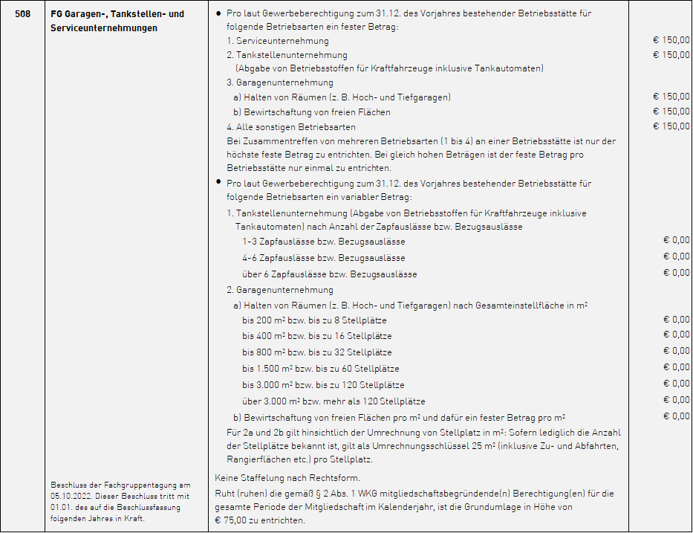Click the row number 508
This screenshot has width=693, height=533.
pyautogui.click(x=22, y=14)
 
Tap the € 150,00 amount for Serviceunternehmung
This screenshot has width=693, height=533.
pyautogui.click(x=671, y=41)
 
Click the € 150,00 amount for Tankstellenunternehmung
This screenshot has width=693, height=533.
pyautogui.click(x=671, y=55)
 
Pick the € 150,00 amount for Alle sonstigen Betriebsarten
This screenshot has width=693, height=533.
pyautogui.click(x=671, y=126)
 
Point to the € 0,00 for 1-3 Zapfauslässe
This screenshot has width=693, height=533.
pyautogui.click(x=676, y=240)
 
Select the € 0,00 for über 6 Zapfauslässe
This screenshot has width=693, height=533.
pyautogui.click(x=676, y=273)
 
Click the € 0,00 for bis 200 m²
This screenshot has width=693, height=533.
pyautogui.click(x=676, y=320)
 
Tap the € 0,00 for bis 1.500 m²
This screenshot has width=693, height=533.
pyautogui.click(x=676, y=367)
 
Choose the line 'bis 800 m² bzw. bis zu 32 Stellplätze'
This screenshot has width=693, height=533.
pyautogui.click(x=316, y=352)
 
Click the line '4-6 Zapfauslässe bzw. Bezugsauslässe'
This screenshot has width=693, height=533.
pyautogui.click(x=323, y=258)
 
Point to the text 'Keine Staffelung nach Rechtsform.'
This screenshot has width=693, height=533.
pyautogui.click(x=287, y=477)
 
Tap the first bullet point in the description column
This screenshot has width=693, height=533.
pyautogui.click(x=218, y=14)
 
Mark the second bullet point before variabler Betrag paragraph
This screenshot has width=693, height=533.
pyautogui.click(x=218, y=181)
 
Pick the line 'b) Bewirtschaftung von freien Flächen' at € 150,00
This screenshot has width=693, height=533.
pyautogui.click(x=311, y=112)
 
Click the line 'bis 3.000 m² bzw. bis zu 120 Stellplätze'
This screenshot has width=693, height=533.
pyautogui.click(x=323, y=385)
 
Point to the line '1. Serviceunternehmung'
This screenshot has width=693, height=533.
pyautogui.click(x=277, y=41)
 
